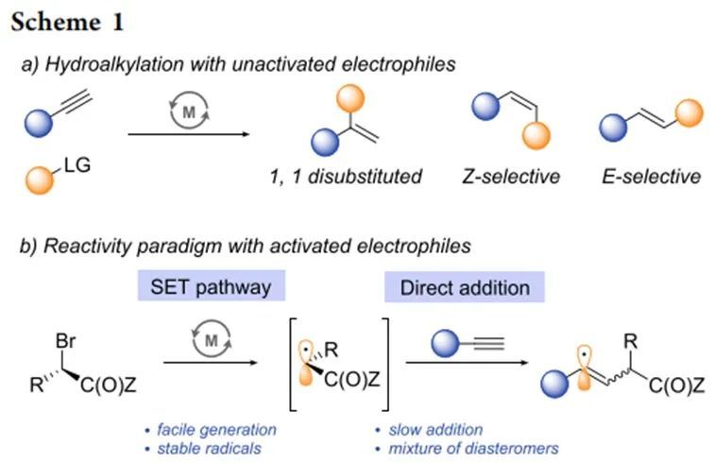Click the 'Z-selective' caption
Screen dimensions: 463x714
point(511,176)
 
